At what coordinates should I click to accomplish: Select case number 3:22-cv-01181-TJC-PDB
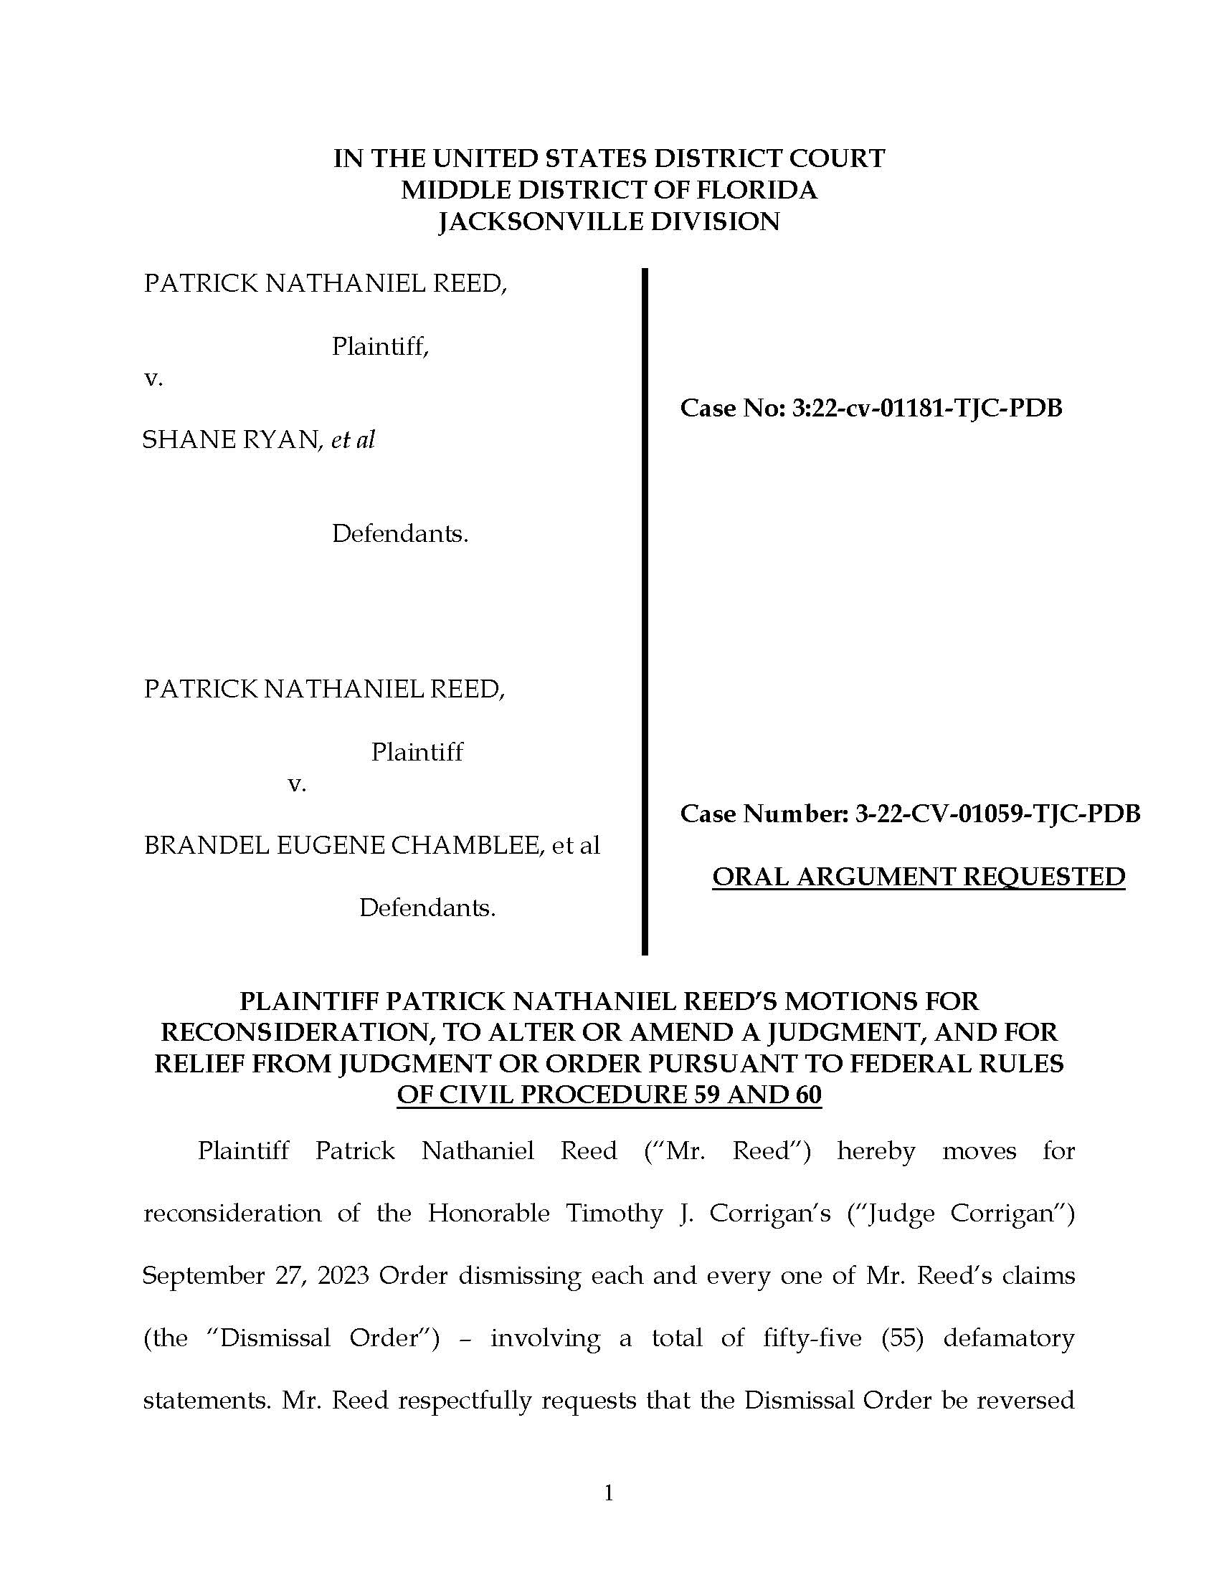tap(926, 409)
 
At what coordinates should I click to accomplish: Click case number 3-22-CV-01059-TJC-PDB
tap(997, 814)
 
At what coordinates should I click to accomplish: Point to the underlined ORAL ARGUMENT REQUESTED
tap(918, 877)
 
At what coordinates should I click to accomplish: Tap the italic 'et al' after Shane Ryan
tap(353, 439)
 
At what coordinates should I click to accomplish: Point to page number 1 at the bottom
tap(608, 1492)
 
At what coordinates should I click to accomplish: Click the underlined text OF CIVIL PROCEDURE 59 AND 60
tap(609, 1095)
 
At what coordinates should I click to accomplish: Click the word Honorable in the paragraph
tap(488, 1213)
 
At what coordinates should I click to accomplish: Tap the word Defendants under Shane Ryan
tap(399, 533)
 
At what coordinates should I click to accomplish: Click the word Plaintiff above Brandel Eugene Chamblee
tap(417, 752)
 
